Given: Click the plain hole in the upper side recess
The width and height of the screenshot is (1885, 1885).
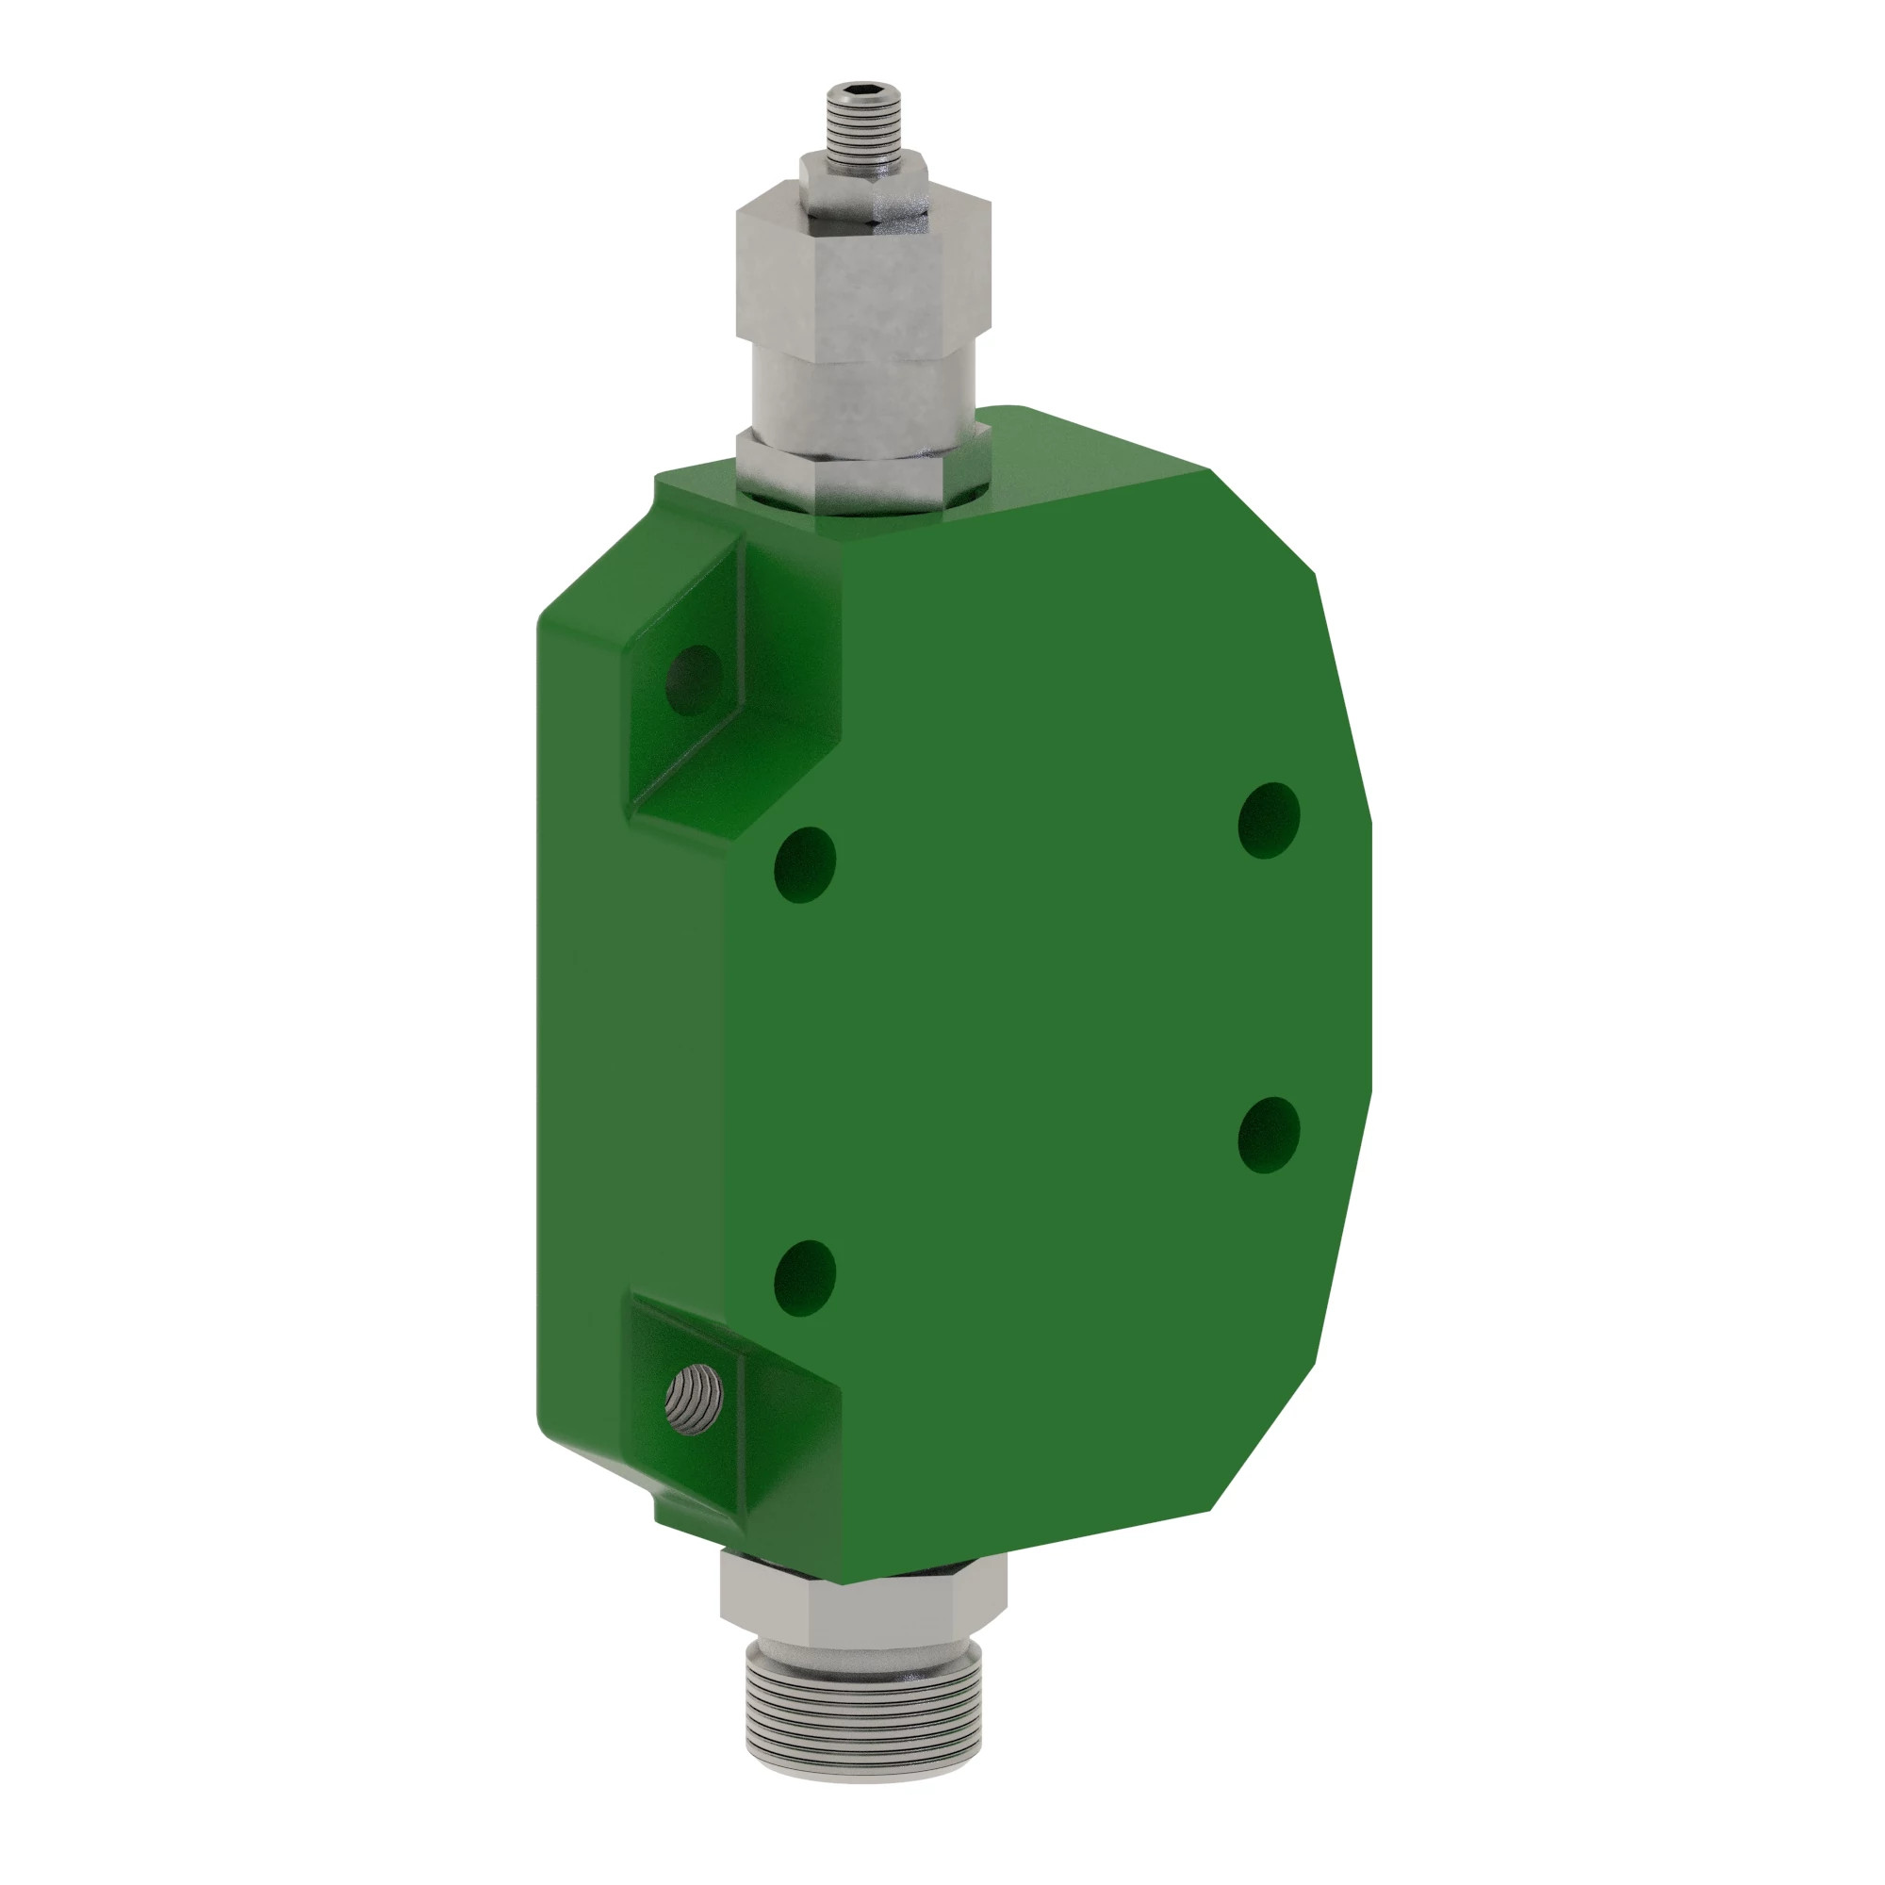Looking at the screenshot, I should [x=694, y=679].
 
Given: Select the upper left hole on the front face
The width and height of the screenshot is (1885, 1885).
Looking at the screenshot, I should [x=804, y=864].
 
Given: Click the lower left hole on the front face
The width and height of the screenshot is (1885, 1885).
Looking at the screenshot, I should [x=804, y=1278].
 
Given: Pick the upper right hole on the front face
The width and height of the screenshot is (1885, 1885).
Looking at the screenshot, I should [x=1269, y=820].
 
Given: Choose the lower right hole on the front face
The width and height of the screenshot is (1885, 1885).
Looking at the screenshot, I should [x=1269, y=1135].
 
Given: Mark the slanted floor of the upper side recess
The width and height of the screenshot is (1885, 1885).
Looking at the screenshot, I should [x=683, y=780].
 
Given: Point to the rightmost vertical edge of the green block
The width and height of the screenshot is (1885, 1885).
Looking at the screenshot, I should [x=1369, y=956].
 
